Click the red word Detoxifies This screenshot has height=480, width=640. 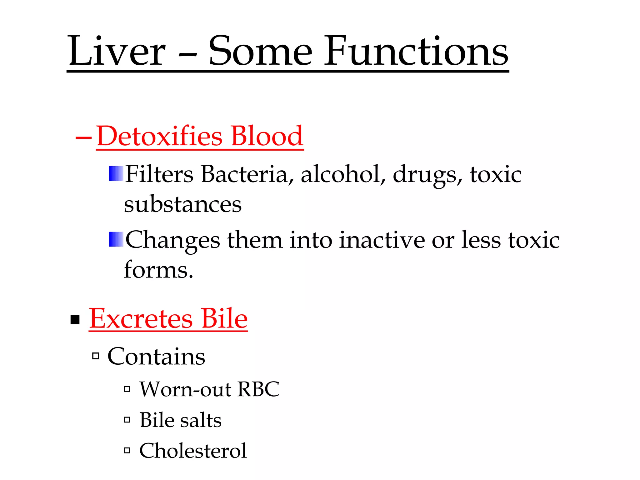(x=159, y=136)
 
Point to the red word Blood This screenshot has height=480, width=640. (x=267, y=136)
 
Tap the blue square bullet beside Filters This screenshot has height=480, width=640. (x=116, y=174)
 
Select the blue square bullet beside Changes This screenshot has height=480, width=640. (x=116, y=239)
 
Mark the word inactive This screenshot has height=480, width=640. (x=382, y=240)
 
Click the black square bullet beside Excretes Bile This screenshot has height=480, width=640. (x=75, y=320)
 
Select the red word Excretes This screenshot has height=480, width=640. (x=141, y=319)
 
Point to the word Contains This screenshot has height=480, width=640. (x=156, y=357)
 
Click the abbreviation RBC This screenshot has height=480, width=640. (x=258, y=390)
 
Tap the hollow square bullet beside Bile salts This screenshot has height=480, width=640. (x=127, y=420)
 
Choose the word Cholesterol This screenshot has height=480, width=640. (x=193, y=451)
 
